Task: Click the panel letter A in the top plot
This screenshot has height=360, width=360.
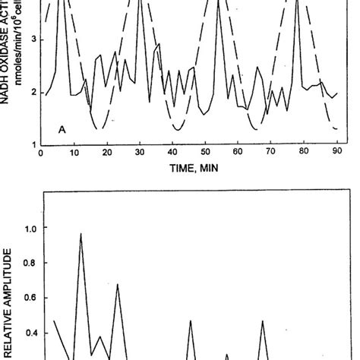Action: click(x=62, y=130)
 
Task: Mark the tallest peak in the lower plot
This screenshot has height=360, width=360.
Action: click(x=81, y=235)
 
